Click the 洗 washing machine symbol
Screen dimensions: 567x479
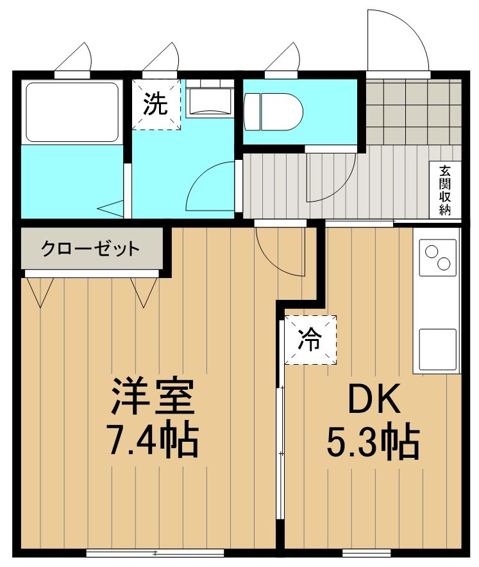coord(156,104)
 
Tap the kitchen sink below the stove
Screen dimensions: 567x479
coord(437,349)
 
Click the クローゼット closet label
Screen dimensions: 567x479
coord(90,249)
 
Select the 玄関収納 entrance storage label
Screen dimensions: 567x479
coord(444,191)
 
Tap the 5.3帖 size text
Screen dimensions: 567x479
coord(374,442)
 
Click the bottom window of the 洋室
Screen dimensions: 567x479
coord(155,553)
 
